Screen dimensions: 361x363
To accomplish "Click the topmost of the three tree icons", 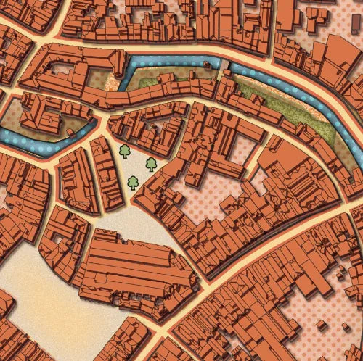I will click(125, 151).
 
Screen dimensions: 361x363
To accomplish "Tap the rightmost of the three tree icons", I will click(151, 165).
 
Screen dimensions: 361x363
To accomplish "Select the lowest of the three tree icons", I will click(134, 183).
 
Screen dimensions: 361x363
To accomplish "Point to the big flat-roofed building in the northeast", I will click(305, 22).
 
